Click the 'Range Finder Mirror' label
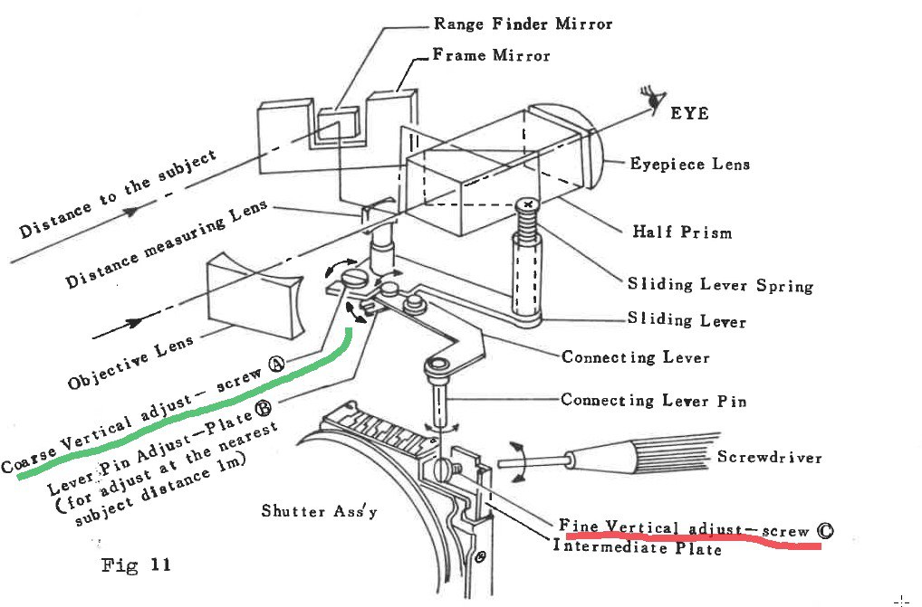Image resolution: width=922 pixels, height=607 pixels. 523,24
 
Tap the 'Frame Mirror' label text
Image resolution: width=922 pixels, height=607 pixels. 491,55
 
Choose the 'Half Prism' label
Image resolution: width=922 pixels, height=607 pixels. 681,232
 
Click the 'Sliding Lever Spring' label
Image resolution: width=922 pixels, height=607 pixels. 720,284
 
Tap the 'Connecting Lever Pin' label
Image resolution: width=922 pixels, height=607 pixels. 653,400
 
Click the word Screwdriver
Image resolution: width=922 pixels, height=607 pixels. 769,457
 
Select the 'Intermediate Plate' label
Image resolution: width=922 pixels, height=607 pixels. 637,547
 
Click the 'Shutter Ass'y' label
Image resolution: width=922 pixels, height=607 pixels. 319,512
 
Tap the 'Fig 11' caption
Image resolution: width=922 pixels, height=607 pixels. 134,566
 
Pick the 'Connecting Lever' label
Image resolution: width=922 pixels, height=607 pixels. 635,356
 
